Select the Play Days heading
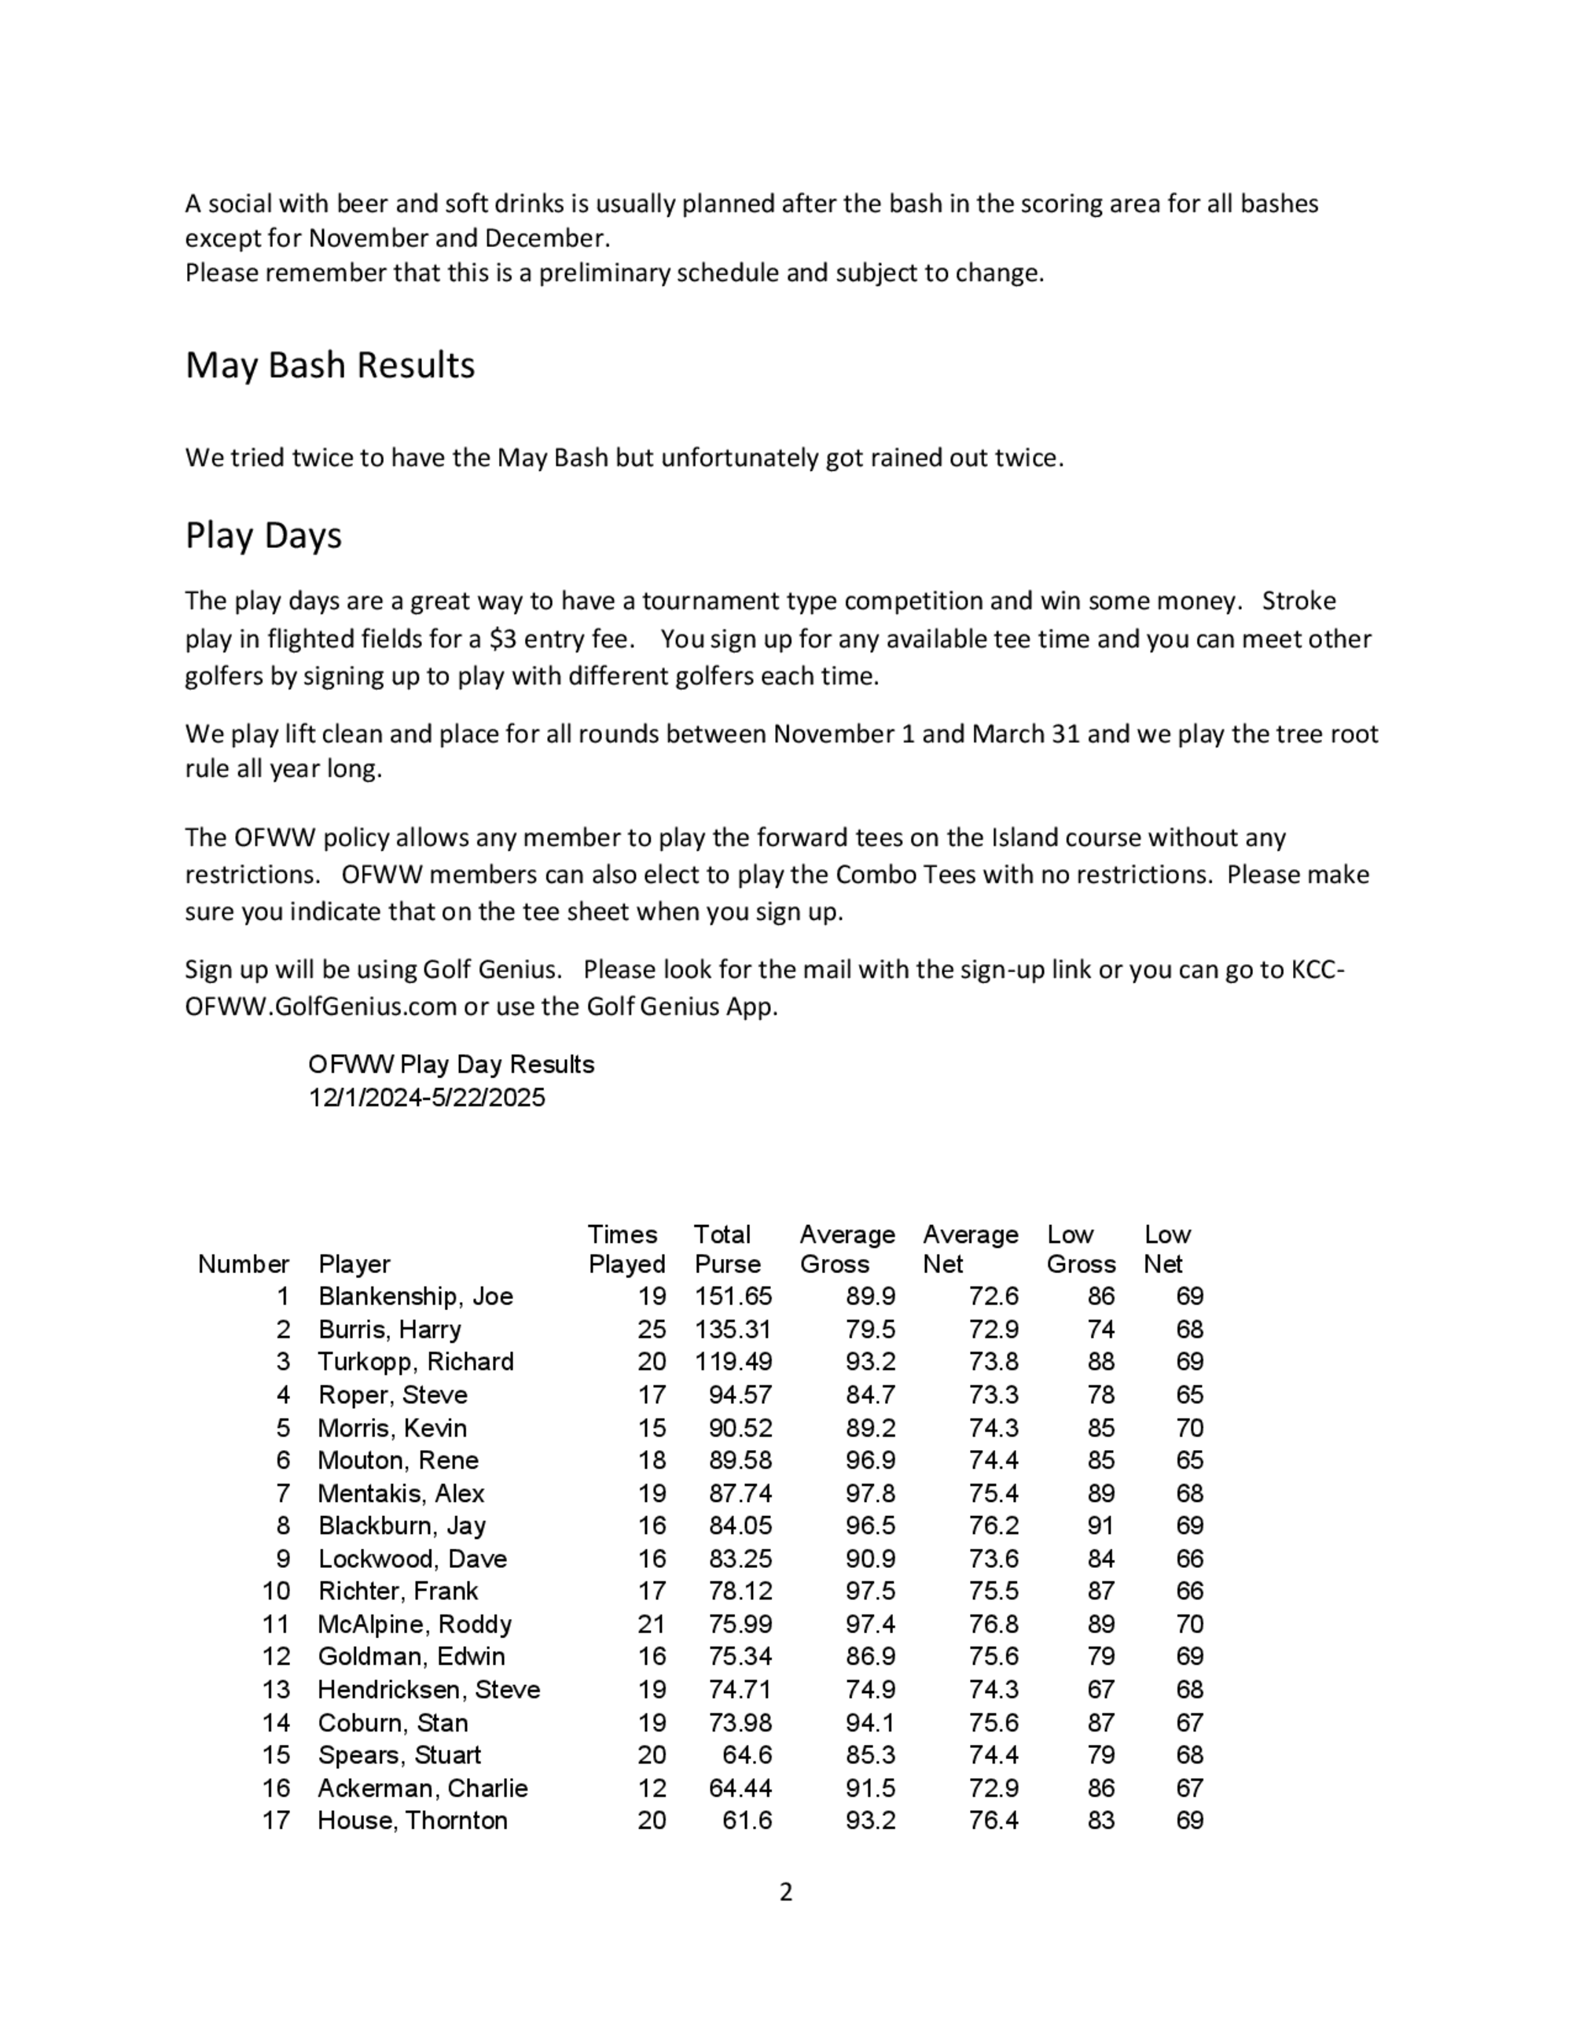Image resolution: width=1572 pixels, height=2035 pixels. (263, 535)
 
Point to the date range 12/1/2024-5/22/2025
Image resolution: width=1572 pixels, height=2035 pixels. (427, 1098)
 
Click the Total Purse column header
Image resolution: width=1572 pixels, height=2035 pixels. (726, 1249)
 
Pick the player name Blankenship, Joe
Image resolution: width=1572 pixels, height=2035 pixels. (415, 1296)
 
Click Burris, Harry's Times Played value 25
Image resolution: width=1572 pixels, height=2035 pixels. (652, 1329)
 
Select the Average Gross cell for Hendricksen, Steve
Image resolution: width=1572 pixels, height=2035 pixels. (870, 1689)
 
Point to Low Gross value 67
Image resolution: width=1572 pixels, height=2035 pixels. (1100, 1689)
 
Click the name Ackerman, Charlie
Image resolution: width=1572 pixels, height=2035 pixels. (422, 1788)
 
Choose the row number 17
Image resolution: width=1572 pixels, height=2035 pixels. (276, 1820)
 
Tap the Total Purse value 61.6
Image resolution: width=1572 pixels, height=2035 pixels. (747, 1820)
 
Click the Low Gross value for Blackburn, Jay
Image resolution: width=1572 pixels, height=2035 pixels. (1100, 1525)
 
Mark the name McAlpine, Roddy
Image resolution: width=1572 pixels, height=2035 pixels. (414, 1624)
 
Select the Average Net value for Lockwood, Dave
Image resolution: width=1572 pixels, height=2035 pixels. (993, 1558)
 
